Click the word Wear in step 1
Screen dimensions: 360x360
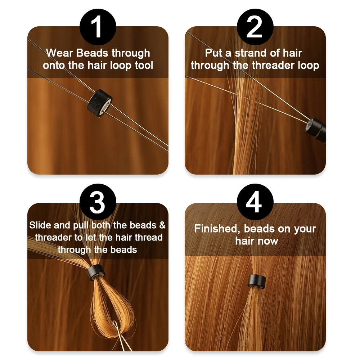[60, 53]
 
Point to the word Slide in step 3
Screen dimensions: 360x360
[40, 225]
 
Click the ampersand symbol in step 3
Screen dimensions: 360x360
[162, 225]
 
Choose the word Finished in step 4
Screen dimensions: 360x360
[217, 229]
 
